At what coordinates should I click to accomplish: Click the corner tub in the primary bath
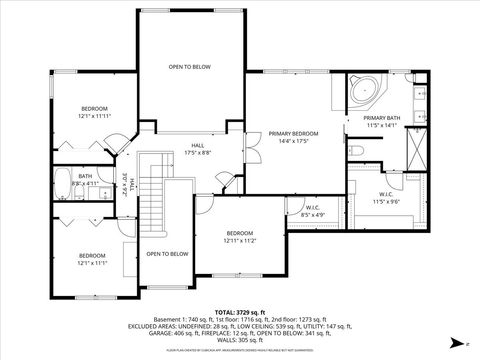[362, 92]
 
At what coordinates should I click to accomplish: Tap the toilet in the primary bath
[356, 150]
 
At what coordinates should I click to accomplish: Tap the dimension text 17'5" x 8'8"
[197, 152]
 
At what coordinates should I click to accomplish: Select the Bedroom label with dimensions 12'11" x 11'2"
[240, 236]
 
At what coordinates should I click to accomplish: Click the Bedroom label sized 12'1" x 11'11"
[94, 112]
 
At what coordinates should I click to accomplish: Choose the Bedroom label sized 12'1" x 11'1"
[93, 259]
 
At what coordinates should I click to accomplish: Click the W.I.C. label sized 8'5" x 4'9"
[312, 211]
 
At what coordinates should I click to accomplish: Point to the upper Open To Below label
[189, 66]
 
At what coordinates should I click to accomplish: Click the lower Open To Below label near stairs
[167, 254]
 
